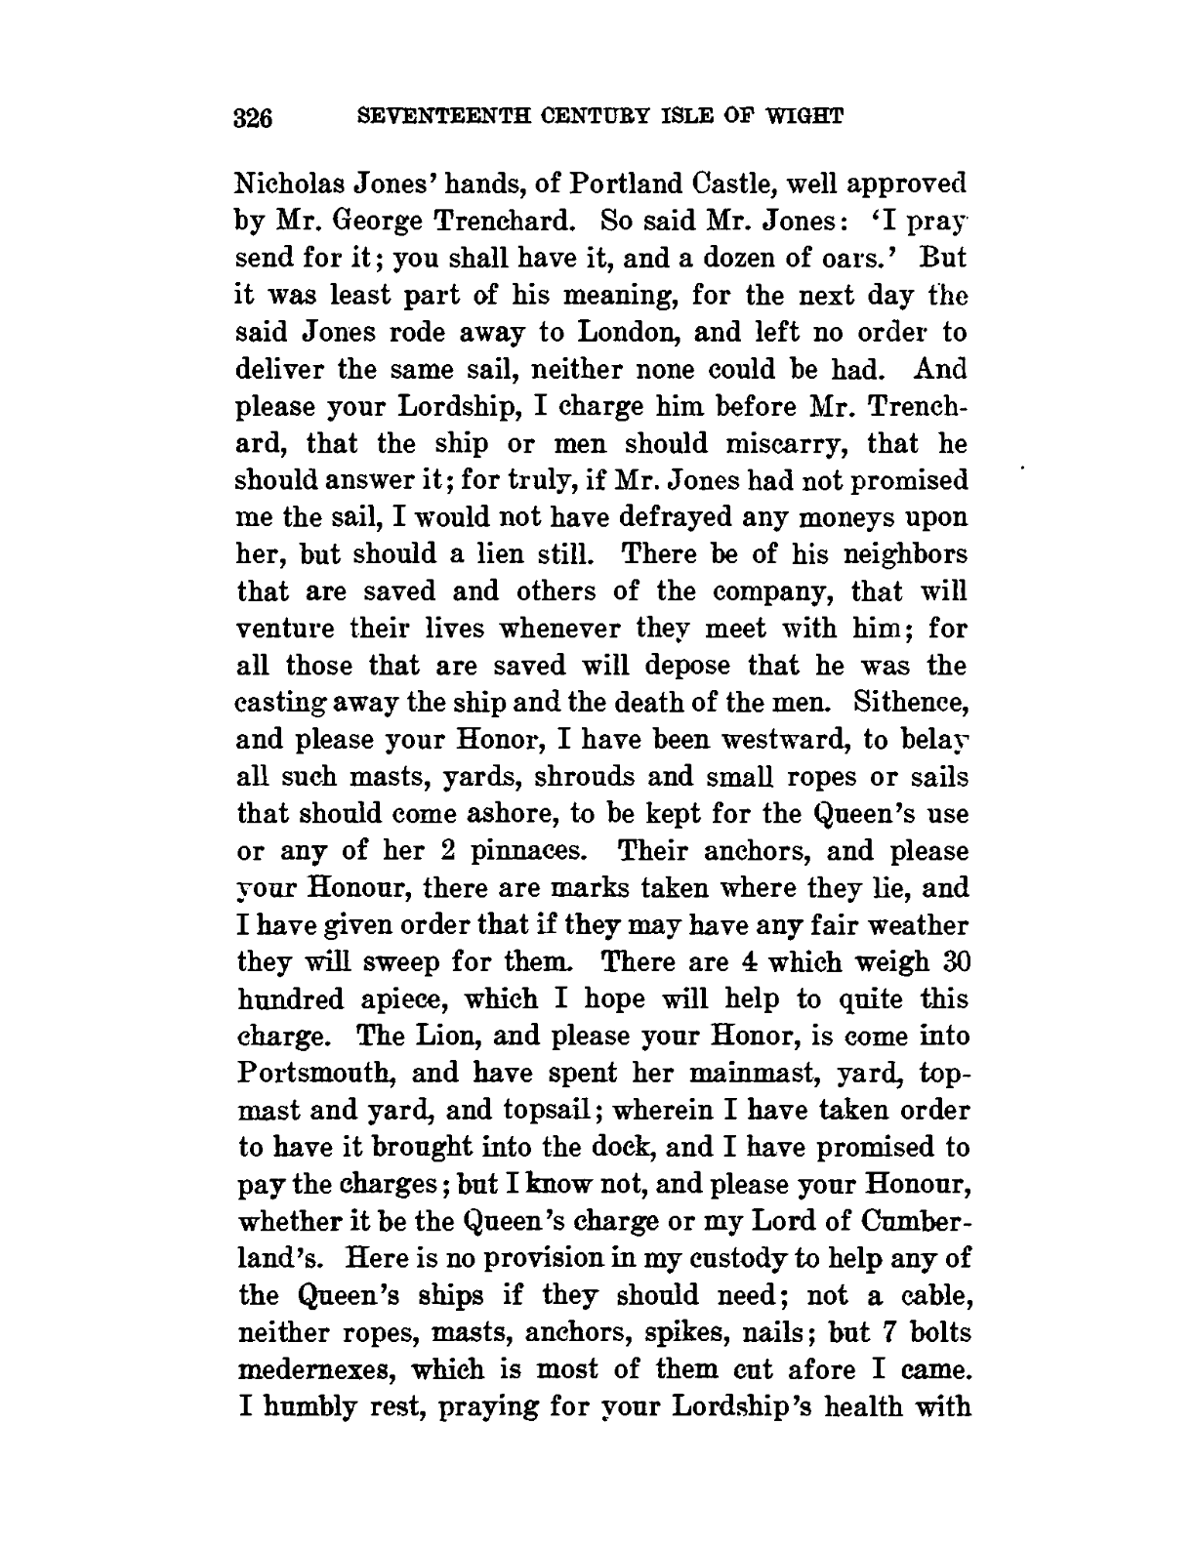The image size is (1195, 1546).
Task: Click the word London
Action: (x=636, y=333)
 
